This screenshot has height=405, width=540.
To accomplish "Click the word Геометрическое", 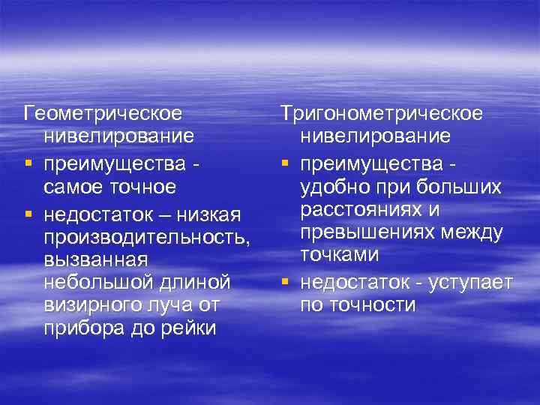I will click(103, 114).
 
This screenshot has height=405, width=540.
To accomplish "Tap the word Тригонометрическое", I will click(382, 112).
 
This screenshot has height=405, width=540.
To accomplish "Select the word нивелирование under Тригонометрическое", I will click(375, 136).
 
